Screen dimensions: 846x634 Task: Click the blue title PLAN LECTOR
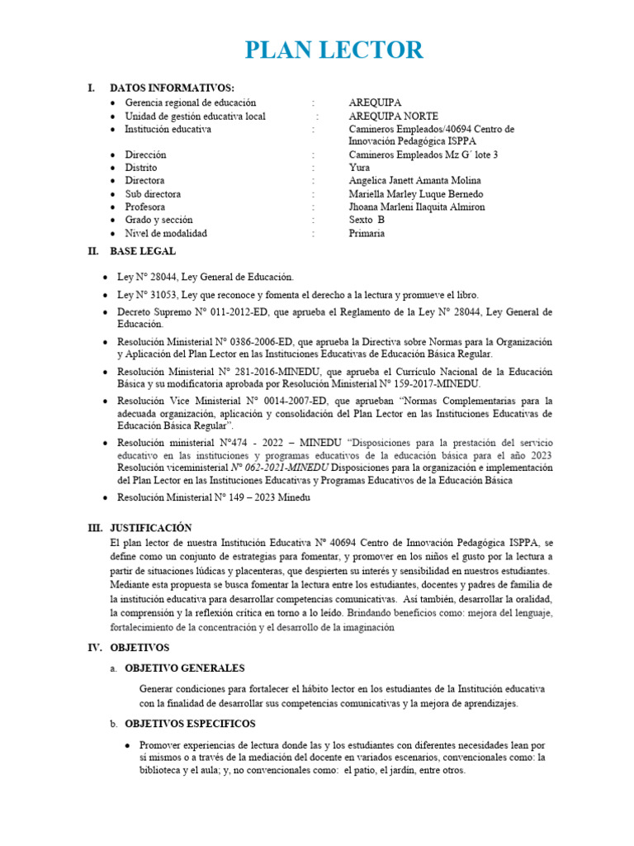(334, 50)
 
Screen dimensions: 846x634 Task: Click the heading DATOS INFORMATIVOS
(172, 88)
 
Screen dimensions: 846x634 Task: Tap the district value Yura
(360, 168)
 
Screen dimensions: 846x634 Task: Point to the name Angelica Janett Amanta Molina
(415, 181)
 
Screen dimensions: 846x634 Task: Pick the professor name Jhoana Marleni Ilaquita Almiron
(417, 207)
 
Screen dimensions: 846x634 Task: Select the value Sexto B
(367, 221)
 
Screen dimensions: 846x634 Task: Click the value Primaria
(367, 234)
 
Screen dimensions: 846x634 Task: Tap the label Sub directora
(153, 194)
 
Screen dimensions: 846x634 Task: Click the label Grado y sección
(158, 221)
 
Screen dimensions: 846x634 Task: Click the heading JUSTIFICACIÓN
(150, 528)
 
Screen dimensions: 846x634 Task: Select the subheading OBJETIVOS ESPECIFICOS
(186, 723)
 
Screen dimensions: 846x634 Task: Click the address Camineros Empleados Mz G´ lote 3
(423, 154)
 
